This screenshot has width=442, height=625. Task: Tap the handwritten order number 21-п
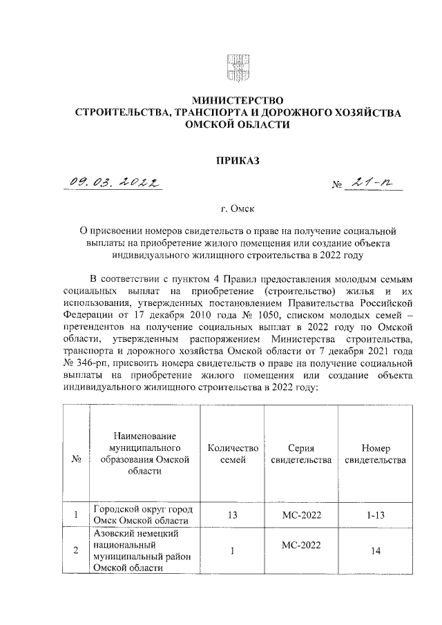(x=369, y=183)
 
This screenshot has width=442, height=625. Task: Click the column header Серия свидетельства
(x=300, y=454)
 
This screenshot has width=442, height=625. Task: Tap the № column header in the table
(x=75, y=459)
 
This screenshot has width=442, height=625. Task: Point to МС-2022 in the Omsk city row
(x=300, y=515)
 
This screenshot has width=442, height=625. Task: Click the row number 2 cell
(x=75, y=551)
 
